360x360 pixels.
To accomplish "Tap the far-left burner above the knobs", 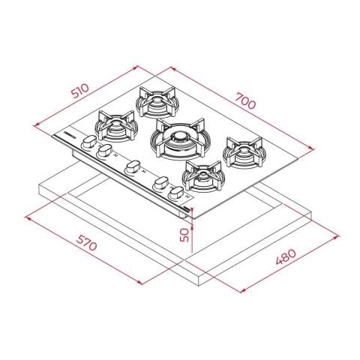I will [115, 123].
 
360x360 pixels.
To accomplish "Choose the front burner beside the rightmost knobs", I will [203, 175].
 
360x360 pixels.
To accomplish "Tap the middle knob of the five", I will [132, 166].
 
